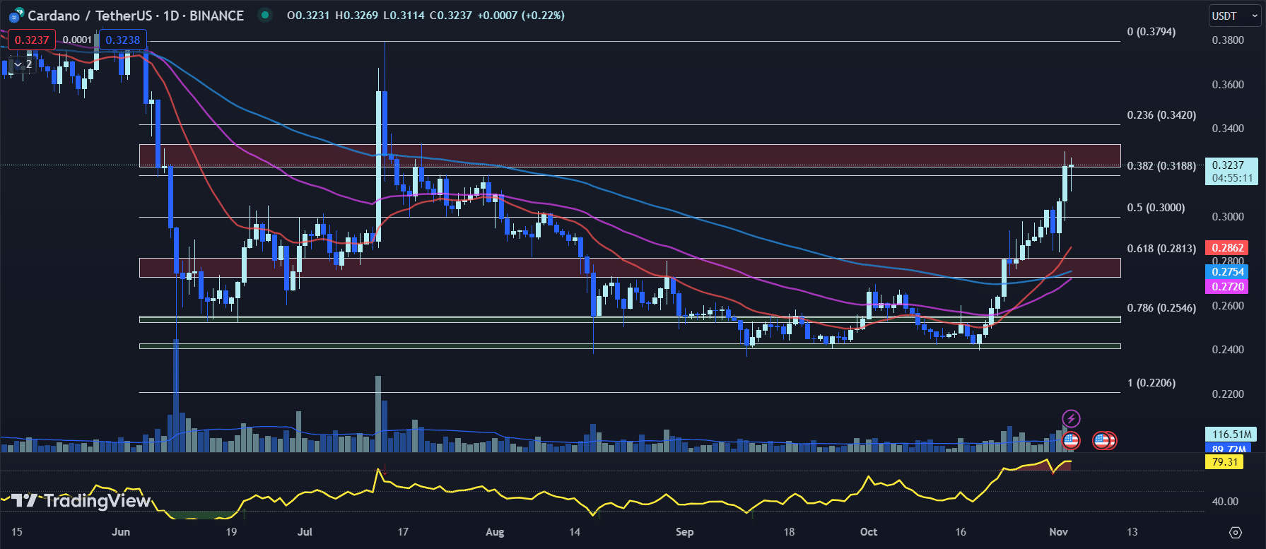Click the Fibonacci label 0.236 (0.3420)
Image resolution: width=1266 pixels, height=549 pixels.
pyautogui.click(x=1161, y=115)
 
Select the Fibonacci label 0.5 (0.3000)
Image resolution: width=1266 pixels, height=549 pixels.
pyautogui.click(x=1156, y=208)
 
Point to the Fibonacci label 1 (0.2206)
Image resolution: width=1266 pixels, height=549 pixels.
pyautogui.click(x=1151, y=383)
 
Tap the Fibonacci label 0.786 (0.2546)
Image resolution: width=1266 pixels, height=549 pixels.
pyautogui.click(x=1161, y=308)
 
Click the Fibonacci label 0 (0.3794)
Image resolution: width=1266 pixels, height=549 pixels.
pyautogui.click(x=1151, y=32)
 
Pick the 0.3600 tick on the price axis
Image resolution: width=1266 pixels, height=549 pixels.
pyautogui.click(x=1228, y=85)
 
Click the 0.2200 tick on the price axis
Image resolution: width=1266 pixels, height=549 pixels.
pyautogui.click(x=1228, y=394)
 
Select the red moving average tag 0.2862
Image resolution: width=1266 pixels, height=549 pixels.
pyautogui.click(x=1227, y=248)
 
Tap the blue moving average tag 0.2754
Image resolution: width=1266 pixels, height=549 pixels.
pyautogui.click(x=1227, y=272)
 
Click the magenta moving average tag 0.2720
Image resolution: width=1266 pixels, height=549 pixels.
pyautogui.click(x=1227, y=287)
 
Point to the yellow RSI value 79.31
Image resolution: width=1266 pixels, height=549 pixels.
pyautogui.click(x=1224, y=462)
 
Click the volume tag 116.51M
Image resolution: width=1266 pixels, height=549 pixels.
pyautogui.click(x=1231, y=435)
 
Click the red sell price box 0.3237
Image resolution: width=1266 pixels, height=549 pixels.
pyautogui.click(x=32, y=40)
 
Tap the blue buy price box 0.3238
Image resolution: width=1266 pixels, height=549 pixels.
pyautogui.click(x=123, y=40)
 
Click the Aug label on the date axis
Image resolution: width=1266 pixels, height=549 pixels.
pyautogui.click(x=495, y=532)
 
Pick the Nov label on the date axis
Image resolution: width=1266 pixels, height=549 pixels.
pyautogui.click(x=1058, y=532)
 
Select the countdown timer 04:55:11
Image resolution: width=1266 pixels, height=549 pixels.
pyautogui.click(x=1231, y=179)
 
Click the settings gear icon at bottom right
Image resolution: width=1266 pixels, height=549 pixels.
pyautogui.click(x=1236, y=532)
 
